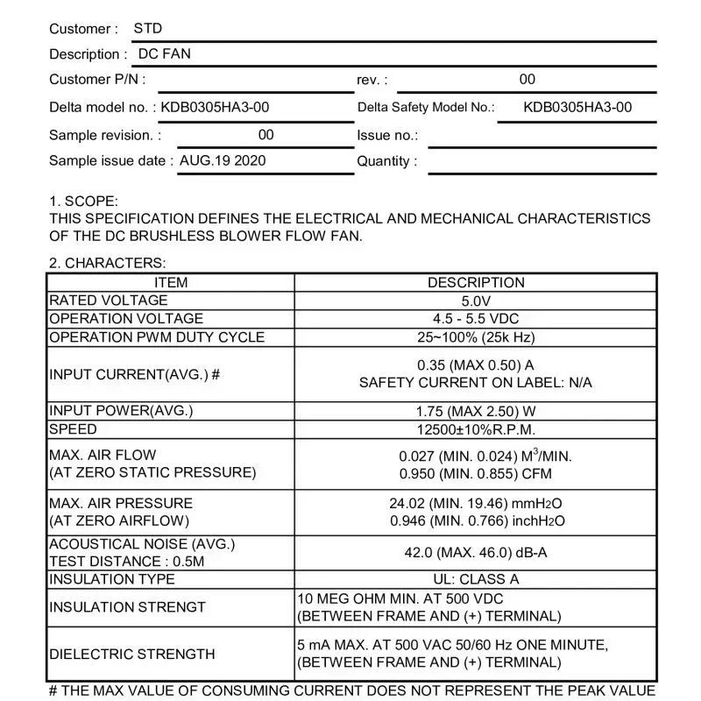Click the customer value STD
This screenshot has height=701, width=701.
(x=148, y=29)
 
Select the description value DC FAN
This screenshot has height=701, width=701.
(x=165, y=53)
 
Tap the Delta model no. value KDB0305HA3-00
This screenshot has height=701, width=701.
(x=216, y=108)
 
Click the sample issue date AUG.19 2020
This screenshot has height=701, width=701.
(x=223, y=161)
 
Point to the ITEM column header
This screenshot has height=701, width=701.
(x=171, y=283)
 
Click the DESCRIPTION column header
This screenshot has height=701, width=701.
(x=476, y=283)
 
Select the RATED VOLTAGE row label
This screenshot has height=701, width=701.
(x=109, y=301)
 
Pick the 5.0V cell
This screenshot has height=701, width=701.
(x=476, y=301)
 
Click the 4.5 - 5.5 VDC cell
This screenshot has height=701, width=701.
(x=476, y=319)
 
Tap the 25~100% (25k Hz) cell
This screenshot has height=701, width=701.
(x=476, y=337)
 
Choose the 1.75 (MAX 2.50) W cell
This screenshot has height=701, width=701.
(x=476, y=411)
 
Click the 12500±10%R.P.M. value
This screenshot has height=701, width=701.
(x=476, y=429)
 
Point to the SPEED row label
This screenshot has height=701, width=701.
(x=74, y=429)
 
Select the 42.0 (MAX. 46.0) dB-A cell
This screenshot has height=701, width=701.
(x=476, y=552)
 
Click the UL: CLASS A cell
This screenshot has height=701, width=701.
(x=476, y=579)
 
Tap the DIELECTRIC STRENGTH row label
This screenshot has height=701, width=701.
(x=132, y=654)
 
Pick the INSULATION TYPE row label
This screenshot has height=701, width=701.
(x=112, y=579)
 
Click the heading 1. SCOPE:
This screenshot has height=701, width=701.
(x=83, y=202)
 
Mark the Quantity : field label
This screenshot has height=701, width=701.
(x=386, y=161)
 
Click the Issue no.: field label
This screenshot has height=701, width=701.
(x=387, y=135)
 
